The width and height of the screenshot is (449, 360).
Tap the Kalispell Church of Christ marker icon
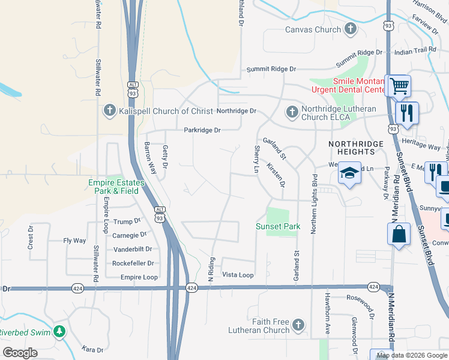point(109,110)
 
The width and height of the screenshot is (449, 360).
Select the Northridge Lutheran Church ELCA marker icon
point(292,112)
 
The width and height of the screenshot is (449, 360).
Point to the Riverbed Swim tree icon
point(59,331)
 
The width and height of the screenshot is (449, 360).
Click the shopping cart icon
point(399,86)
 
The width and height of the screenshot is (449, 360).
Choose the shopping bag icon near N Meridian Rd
point(399,235)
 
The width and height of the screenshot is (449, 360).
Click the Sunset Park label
point(278,227)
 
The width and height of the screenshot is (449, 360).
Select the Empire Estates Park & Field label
point(113,186)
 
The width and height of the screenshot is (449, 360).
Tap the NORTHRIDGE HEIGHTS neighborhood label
point(355,149)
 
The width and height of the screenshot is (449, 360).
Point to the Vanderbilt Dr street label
point(133,249)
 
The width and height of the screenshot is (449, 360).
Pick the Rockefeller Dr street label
point(133,263)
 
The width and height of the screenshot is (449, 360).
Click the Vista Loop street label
point(238,275)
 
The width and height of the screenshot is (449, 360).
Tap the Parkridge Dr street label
point(202,130)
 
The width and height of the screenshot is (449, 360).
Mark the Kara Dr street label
point(93,349)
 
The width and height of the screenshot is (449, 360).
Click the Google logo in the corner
point(20,353)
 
